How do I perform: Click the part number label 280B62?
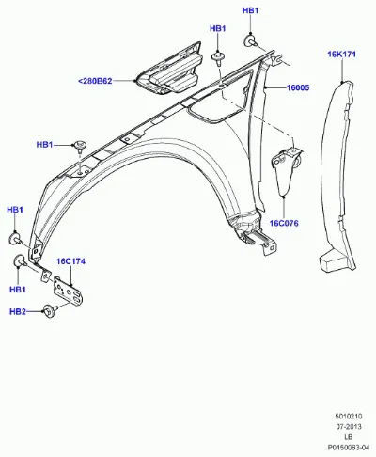coord(95,81)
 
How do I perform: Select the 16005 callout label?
coord(298,87)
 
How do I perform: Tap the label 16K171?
coord(342,55)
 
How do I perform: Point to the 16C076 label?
coord(284,223)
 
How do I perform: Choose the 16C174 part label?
coord(70,261)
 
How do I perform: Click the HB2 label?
coord(18,312)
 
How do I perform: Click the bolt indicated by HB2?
coord(51,311)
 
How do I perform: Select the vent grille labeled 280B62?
coord(169,69)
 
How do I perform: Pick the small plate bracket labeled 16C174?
coord(69,291)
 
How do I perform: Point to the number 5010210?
coord(349,417)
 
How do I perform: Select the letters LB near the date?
coord(349,437)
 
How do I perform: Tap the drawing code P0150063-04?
coord(349,448)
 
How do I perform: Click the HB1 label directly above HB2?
coord(18,290)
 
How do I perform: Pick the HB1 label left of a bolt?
coord(45,145)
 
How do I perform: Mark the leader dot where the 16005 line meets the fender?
coord(265,88)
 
